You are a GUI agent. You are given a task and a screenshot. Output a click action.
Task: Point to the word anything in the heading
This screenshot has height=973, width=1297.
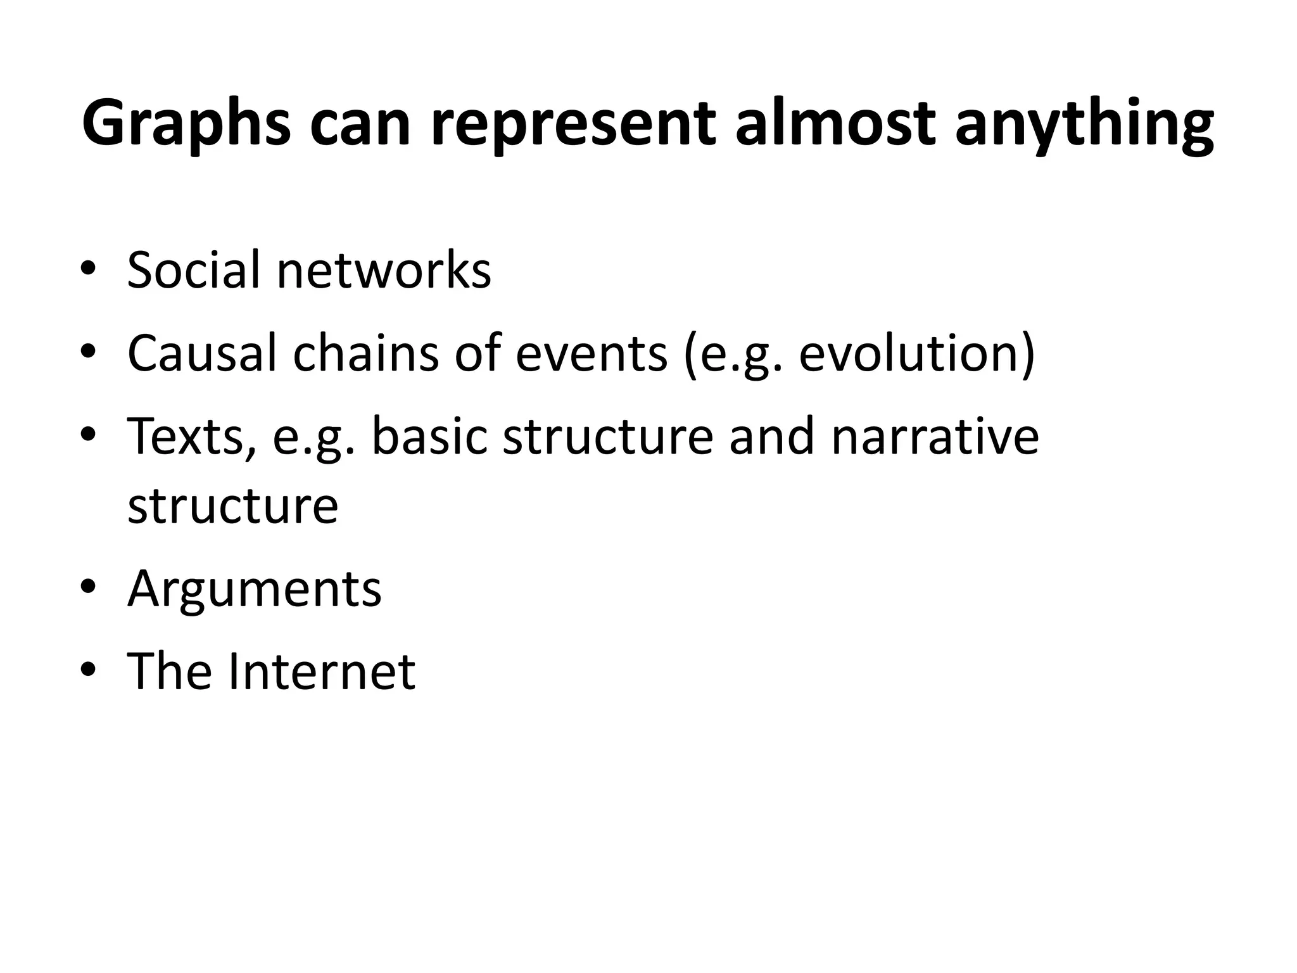pyautogui.click(x=1084, y=124)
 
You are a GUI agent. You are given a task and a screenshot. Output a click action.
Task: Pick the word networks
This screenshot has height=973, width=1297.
pyautogui.click(x=384, y=270)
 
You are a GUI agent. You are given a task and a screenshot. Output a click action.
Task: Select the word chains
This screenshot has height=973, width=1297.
pyautogui.click(x=365, y=352)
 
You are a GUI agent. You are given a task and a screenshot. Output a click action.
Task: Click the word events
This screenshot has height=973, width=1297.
pyautogui.click(x=592, y=352)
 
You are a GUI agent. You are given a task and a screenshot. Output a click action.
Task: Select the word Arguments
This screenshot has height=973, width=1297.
pyautogui.click(x=255, y=588)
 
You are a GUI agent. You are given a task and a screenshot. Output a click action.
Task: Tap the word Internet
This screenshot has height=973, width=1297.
pyautogui.click(x=322, y=670)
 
